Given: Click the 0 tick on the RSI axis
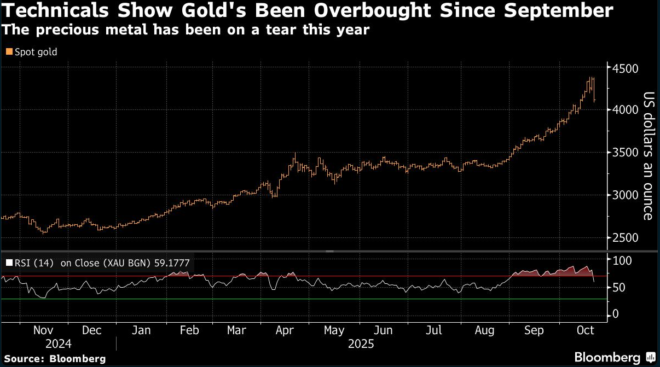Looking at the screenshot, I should [x=616, y=314].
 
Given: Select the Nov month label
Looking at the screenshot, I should [x=43, y=330].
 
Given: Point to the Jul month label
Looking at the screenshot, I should [x=433, y=330].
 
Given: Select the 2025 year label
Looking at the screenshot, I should [x=361, y=345].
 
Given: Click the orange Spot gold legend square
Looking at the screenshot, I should [x=8, y=52].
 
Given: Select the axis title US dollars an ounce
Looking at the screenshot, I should [x=648, y=156].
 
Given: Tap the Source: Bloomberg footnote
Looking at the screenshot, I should [x=55, y=359].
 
